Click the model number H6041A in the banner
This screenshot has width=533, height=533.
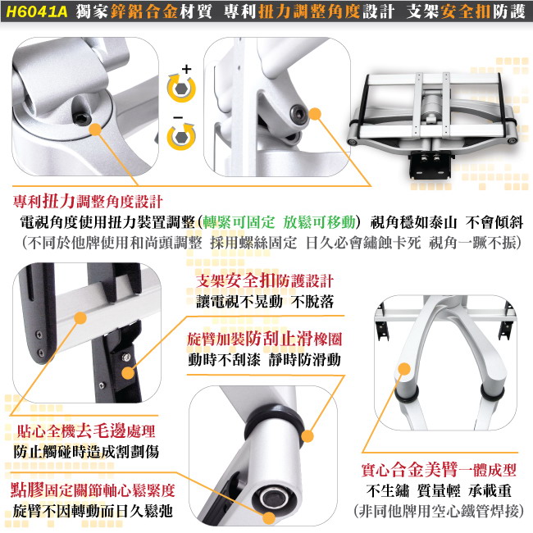(37, 11)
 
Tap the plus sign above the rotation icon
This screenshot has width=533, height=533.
(186, 69)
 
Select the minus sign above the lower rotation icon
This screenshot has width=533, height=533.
(178, 117)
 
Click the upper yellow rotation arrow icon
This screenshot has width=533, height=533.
(182, 88)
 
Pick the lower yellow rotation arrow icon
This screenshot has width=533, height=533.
(181, 136)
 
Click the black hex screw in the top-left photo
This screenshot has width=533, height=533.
(82, 119)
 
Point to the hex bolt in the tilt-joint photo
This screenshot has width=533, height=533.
(298, 112)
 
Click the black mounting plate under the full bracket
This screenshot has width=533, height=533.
(431, 164)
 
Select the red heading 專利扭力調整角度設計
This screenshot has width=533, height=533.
(88, 202)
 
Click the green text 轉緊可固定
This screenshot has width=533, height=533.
(239, 222)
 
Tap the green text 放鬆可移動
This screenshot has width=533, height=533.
(319, 222)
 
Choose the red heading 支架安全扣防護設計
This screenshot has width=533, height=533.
(265, 280)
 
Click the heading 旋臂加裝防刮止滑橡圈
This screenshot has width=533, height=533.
(265, 339)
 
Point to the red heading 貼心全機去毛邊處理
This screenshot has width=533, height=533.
(86, 431)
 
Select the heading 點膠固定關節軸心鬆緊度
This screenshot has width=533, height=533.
(93, 490)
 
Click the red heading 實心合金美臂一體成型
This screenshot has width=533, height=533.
(439, 470)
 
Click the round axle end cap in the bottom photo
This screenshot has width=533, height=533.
(274, 499)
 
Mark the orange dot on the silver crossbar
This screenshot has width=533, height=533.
(80, 318)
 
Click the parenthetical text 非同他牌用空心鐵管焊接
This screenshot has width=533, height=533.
(439, 511)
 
